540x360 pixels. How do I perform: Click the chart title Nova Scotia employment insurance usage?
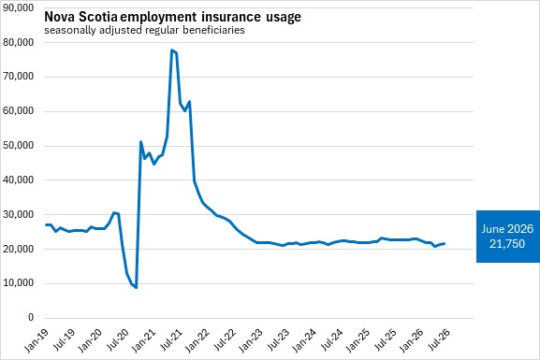click(172, 17)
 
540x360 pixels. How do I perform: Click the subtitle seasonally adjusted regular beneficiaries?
click(144, 30)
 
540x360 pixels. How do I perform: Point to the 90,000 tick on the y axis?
click(18, 7)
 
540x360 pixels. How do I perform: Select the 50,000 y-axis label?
click(18, 145)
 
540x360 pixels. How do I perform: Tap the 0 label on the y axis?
click(31, 317)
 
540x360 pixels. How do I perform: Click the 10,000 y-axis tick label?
click(18, 282)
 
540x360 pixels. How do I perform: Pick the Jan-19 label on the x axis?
click(36, 340)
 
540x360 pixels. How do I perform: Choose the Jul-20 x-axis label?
click(117, 339)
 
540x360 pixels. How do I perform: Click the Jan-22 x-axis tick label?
click(197, 340)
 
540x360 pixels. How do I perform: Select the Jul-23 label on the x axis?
click(278, 339)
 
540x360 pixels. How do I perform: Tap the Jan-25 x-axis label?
click(358, 340)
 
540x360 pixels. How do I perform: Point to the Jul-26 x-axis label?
click(438, 339)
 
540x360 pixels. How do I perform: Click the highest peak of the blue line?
click(171, 50)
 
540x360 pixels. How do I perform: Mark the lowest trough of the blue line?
click(136, 287)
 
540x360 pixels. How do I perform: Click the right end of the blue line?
click(445, 244)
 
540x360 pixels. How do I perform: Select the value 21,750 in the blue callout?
click(507, 244)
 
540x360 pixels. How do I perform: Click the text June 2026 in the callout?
click(507, 229)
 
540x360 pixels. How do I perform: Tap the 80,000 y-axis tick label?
click(18, 42)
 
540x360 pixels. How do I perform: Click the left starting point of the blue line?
click(46, 224)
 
